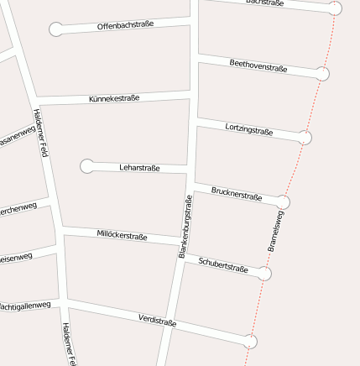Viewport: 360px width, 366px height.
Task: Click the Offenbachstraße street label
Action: tap(125, 25)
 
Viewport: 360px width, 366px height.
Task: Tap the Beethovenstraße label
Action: tap(258, 65)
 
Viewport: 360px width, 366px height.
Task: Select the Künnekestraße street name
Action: tap(114, 99)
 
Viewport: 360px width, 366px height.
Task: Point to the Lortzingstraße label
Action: tap(249, 128)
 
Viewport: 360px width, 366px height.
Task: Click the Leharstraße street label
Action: tap(139, 168)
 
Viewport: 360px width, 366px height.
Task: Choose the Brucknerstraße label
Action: tap(237, 194)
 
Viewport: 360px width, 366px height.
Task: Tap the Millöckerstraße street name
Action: tap(122, 235)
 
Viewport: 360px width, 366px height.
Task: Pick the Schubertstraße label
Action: tap(223, 265)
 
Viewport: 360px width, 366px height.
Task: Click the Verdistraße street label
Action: tap(157, 320)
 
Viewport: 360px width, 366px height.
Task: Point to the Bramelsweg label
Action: tap(275, 231)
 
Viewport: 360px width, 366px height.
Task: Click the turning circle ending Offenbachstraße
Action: tap(56, 29)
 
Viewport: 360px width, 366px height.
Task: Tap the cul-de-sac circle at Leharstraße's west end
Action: tap(87, 166)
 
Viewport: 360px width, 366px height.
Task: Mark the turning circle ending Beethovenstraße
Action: tap(322, 74)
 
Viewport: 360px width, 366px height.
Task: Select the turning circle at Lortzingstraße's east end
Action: tap(305, 138)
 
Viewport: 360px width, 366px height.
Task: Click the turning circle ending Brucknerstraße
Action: tap(283, 202)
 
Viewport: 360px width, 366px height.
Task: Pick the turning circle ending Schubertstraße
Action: tap(264, 274)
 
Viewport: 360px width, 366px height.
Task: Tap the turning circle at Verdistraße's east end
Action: tap(250, 342)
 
